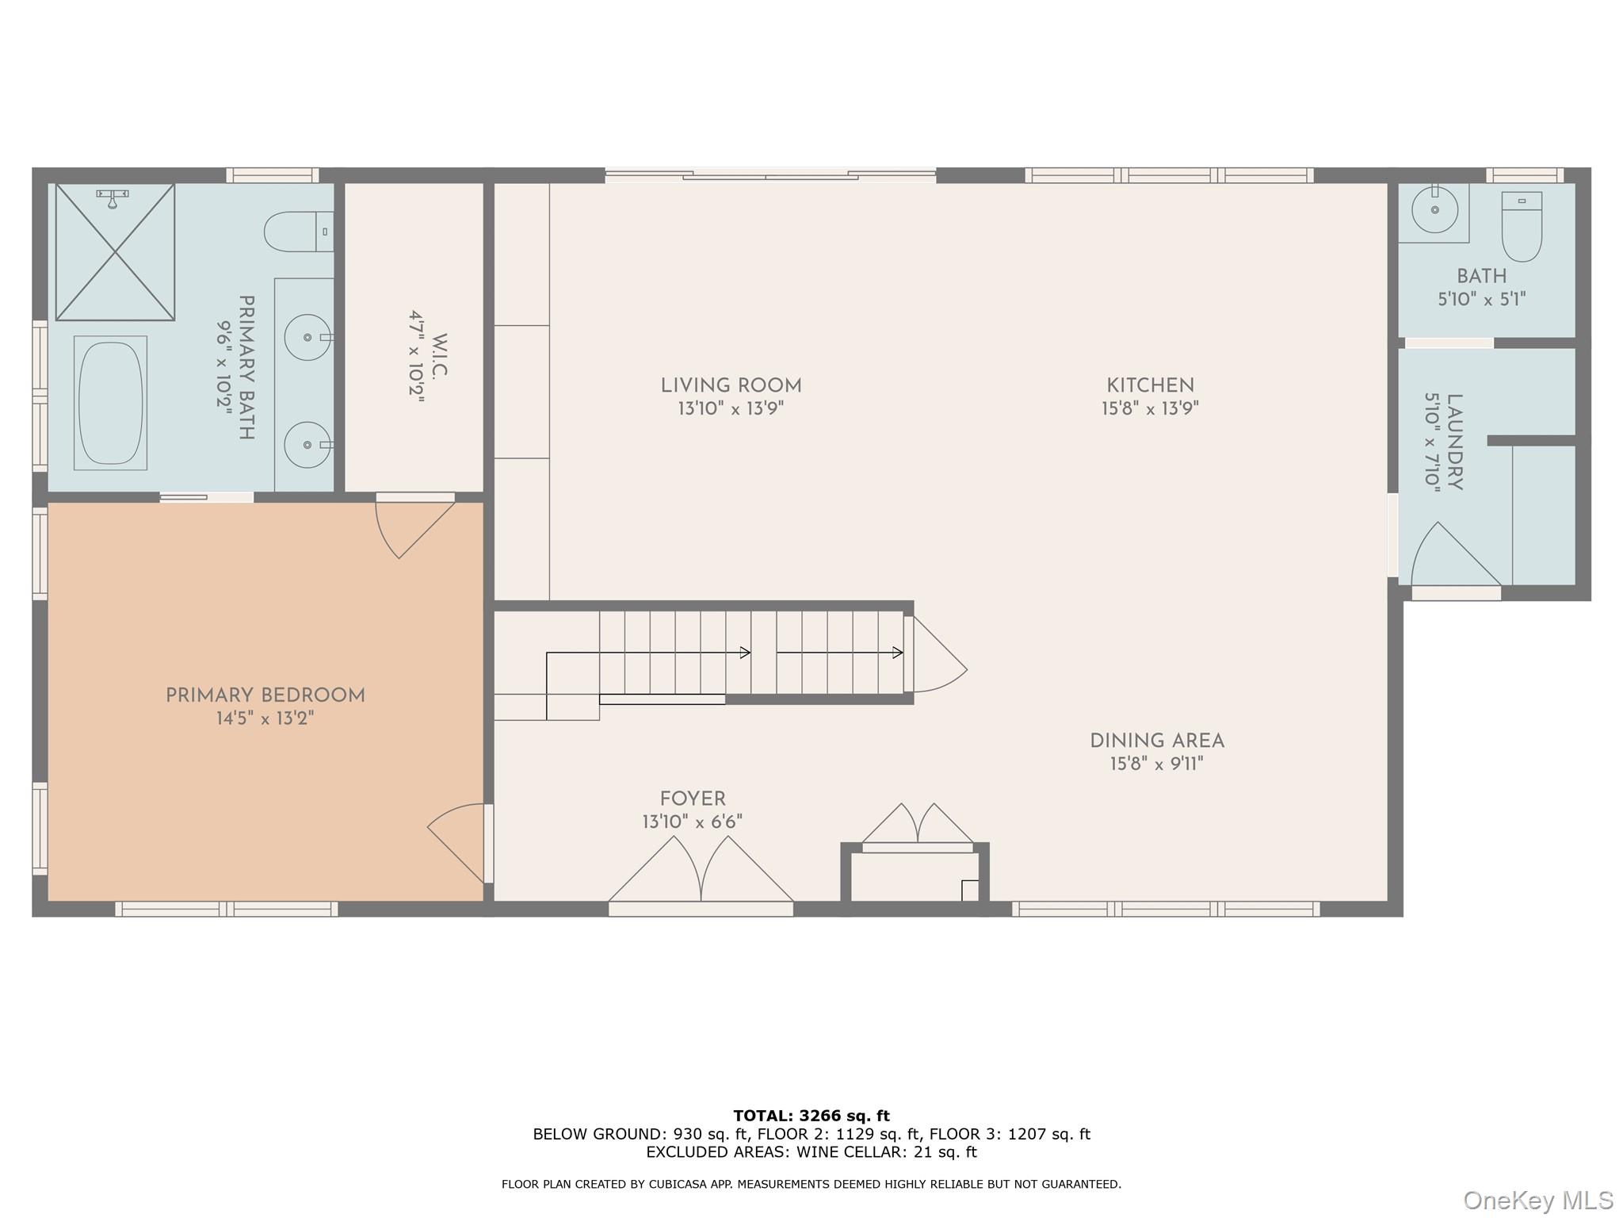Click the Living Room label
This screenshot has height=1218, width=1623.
tap(731, 386)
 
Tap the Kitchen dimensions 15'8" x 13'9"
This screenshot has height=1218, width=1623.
tap(1150, 409)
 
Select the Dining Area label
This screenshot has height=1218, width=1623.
tap(1157, 741)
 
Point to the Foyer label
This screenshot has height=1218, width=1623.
tap(693, 799)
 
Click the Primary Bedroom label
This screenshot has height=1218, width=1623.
tap(265, 696)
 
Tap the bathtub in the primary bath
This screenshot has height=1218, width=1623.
tap(110, 403)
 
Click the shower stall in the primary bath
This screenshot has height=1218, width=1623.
tap(115, 252)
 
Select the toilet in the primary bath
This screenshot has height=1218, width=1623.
tap(299, 232)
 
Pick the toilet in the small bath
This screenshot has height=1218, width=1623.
tap(1522, 227)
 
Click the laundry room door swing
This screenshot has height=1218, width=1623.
tap(1456, 555)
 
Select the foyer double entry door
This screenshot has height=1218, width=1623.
tap(701, 870)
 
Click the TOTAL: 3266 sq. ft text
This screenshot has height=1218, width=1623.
tap(811, 1116)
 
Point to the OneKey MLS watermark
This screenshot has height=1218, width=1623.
tap(1537, 1201)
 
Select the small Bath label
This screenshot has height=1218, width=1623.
tap(1482, 277)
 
